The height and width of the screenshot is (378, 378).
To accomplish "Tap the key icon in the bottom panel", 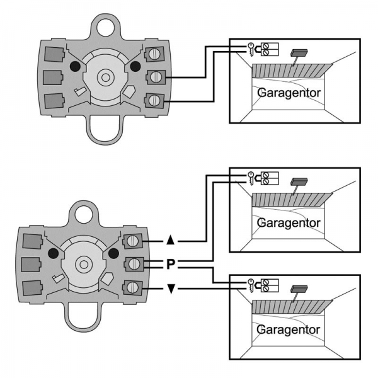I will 250,284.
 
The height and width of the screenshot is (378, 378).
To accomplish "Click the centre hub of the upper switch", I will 105,77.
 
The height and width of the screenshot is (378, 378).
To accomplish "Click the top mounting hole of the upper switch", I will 105,26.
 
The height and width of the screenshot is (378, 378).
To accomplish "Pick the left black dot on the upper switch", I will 74,66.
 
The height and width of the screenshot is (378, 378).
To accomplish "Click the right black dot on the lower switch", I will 115,253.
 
